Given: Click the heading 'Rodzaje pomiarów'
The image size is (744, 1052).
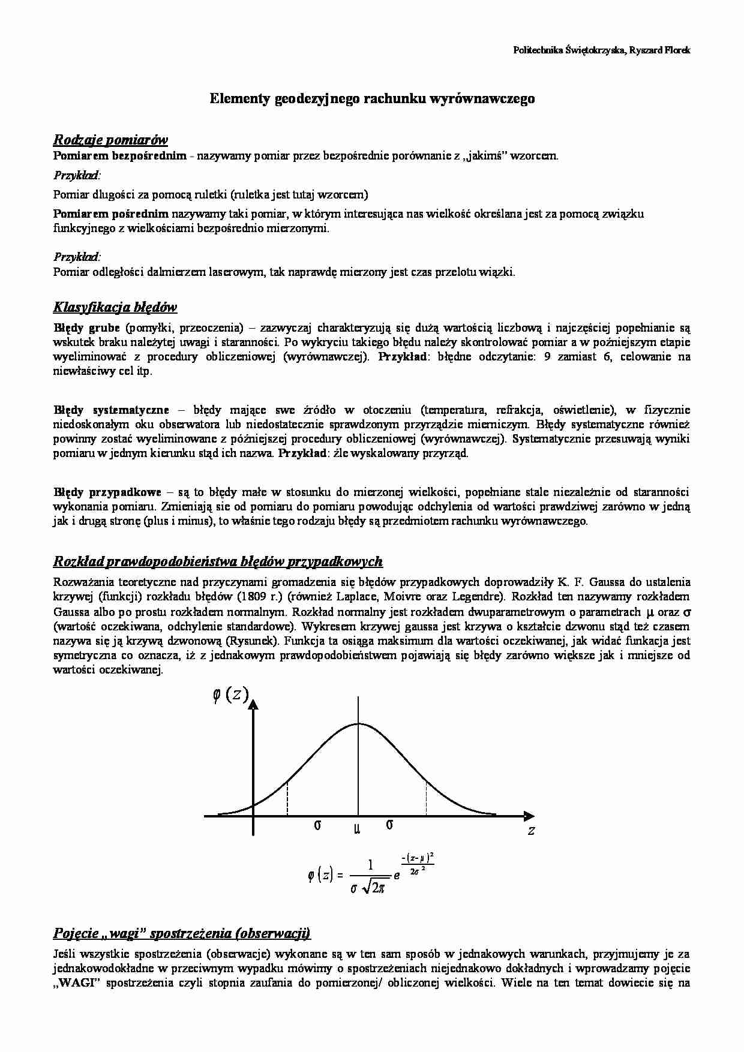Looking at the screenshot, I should [x=110, y=140].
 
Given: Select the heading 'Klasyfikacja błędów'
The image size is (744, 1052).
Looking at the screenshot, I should [x=115, y=308].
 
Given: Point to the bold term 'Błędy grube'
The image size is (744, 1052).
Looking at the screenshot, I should [x=86, y=328].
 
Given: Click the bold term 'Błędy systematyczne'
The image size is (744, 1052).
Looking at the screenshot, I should [x=111, y=410].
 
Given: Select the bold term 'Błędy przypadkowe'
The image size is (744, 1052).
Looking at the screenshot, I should [x=107, y=492].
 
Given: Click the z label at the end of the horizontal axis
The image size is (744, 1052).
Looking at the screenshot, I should [x=530, y=831].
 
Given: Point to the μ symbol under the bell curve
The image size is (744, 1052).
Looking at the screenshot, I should [x=358, y=828].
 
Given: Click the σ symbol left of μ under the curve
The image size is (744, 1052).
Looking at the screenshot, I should [x=317, y=825].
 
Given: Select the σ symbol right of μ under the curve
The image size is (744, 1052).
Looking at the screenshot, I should [x=389, y=825].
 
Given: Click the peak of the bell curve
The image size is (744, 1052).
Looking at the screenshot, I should [x=358, y=723].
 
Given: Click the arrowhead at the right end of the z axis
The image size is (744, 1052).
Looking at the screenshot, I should [x=529, y=816].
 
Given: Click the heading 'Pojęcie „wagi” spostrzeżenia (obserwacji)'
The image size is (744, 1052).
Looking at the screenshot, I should [x=181, y=933].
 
